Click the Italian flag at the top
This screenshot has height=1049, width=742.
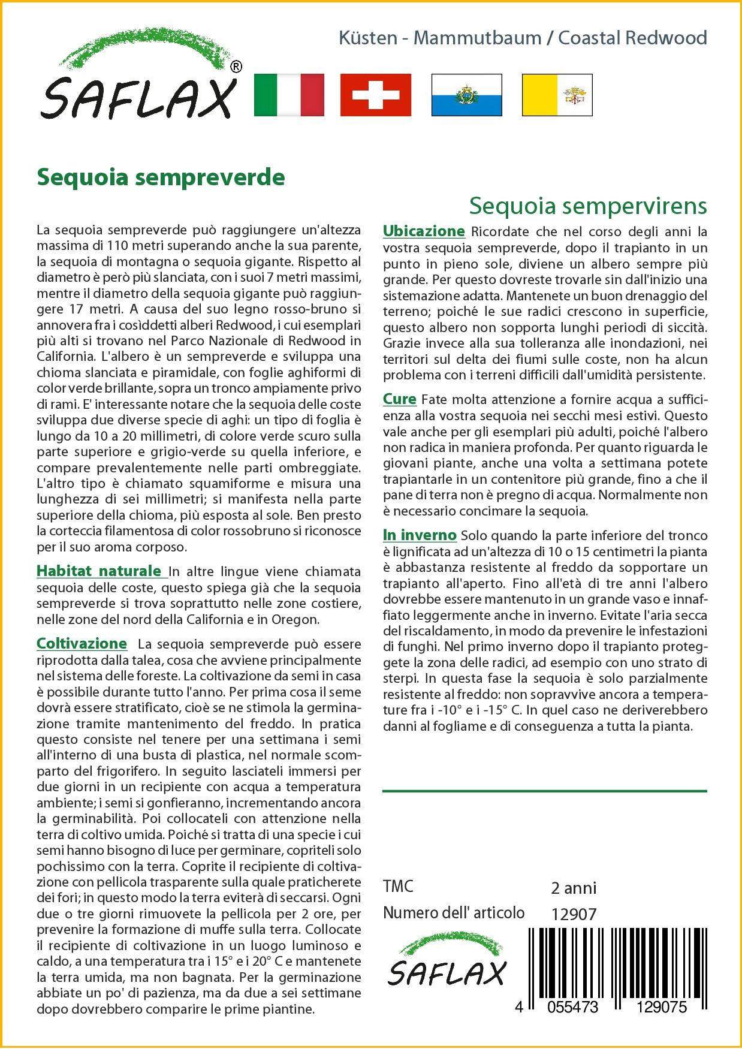pyautogui.click(x=289, y=95)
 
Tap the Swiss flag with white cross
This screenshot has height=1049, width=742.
pyautogui.click(x=376, y=95)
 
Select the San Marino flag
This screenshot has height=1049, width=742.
pyautogui.click(x=466, y=95)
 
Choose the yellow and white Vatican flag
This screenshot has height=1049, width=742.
pyautogui.click(x=557, y=95)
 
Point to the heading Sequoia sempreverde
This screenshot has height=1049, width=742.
pyautogui.click(x=161, y=177)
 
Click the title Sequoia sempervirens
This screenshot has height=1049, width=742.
pyautogui.click(x=587, y=206)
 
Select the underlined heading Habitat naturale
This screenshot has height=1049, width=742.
pyautogui.click(x=99, y=571)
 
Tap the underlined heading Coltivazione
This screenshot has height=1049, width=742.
pyautogui.click(x=82, y=644)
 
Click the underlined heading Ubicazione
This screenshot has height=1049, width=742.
pyautogui.click(x=424, y=231)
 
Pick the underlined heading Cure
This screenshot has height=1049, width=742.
pyautogui.click(x=399, y=399)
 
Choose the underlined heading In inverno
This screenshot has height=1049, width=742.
pyautogui.click(x=420, y=535)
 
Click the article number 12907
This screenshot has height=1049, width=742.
pyautogui.click(x=574, y=915)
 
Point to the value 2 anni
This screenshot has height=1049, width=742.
pyautogui.click(x=574, y=888)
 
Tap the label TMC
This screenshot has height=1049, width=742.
pyautogui.click(x=398, y=887)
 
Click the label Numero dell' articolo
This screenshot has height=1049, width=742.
pyautogui.click(x=454, y=913)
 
